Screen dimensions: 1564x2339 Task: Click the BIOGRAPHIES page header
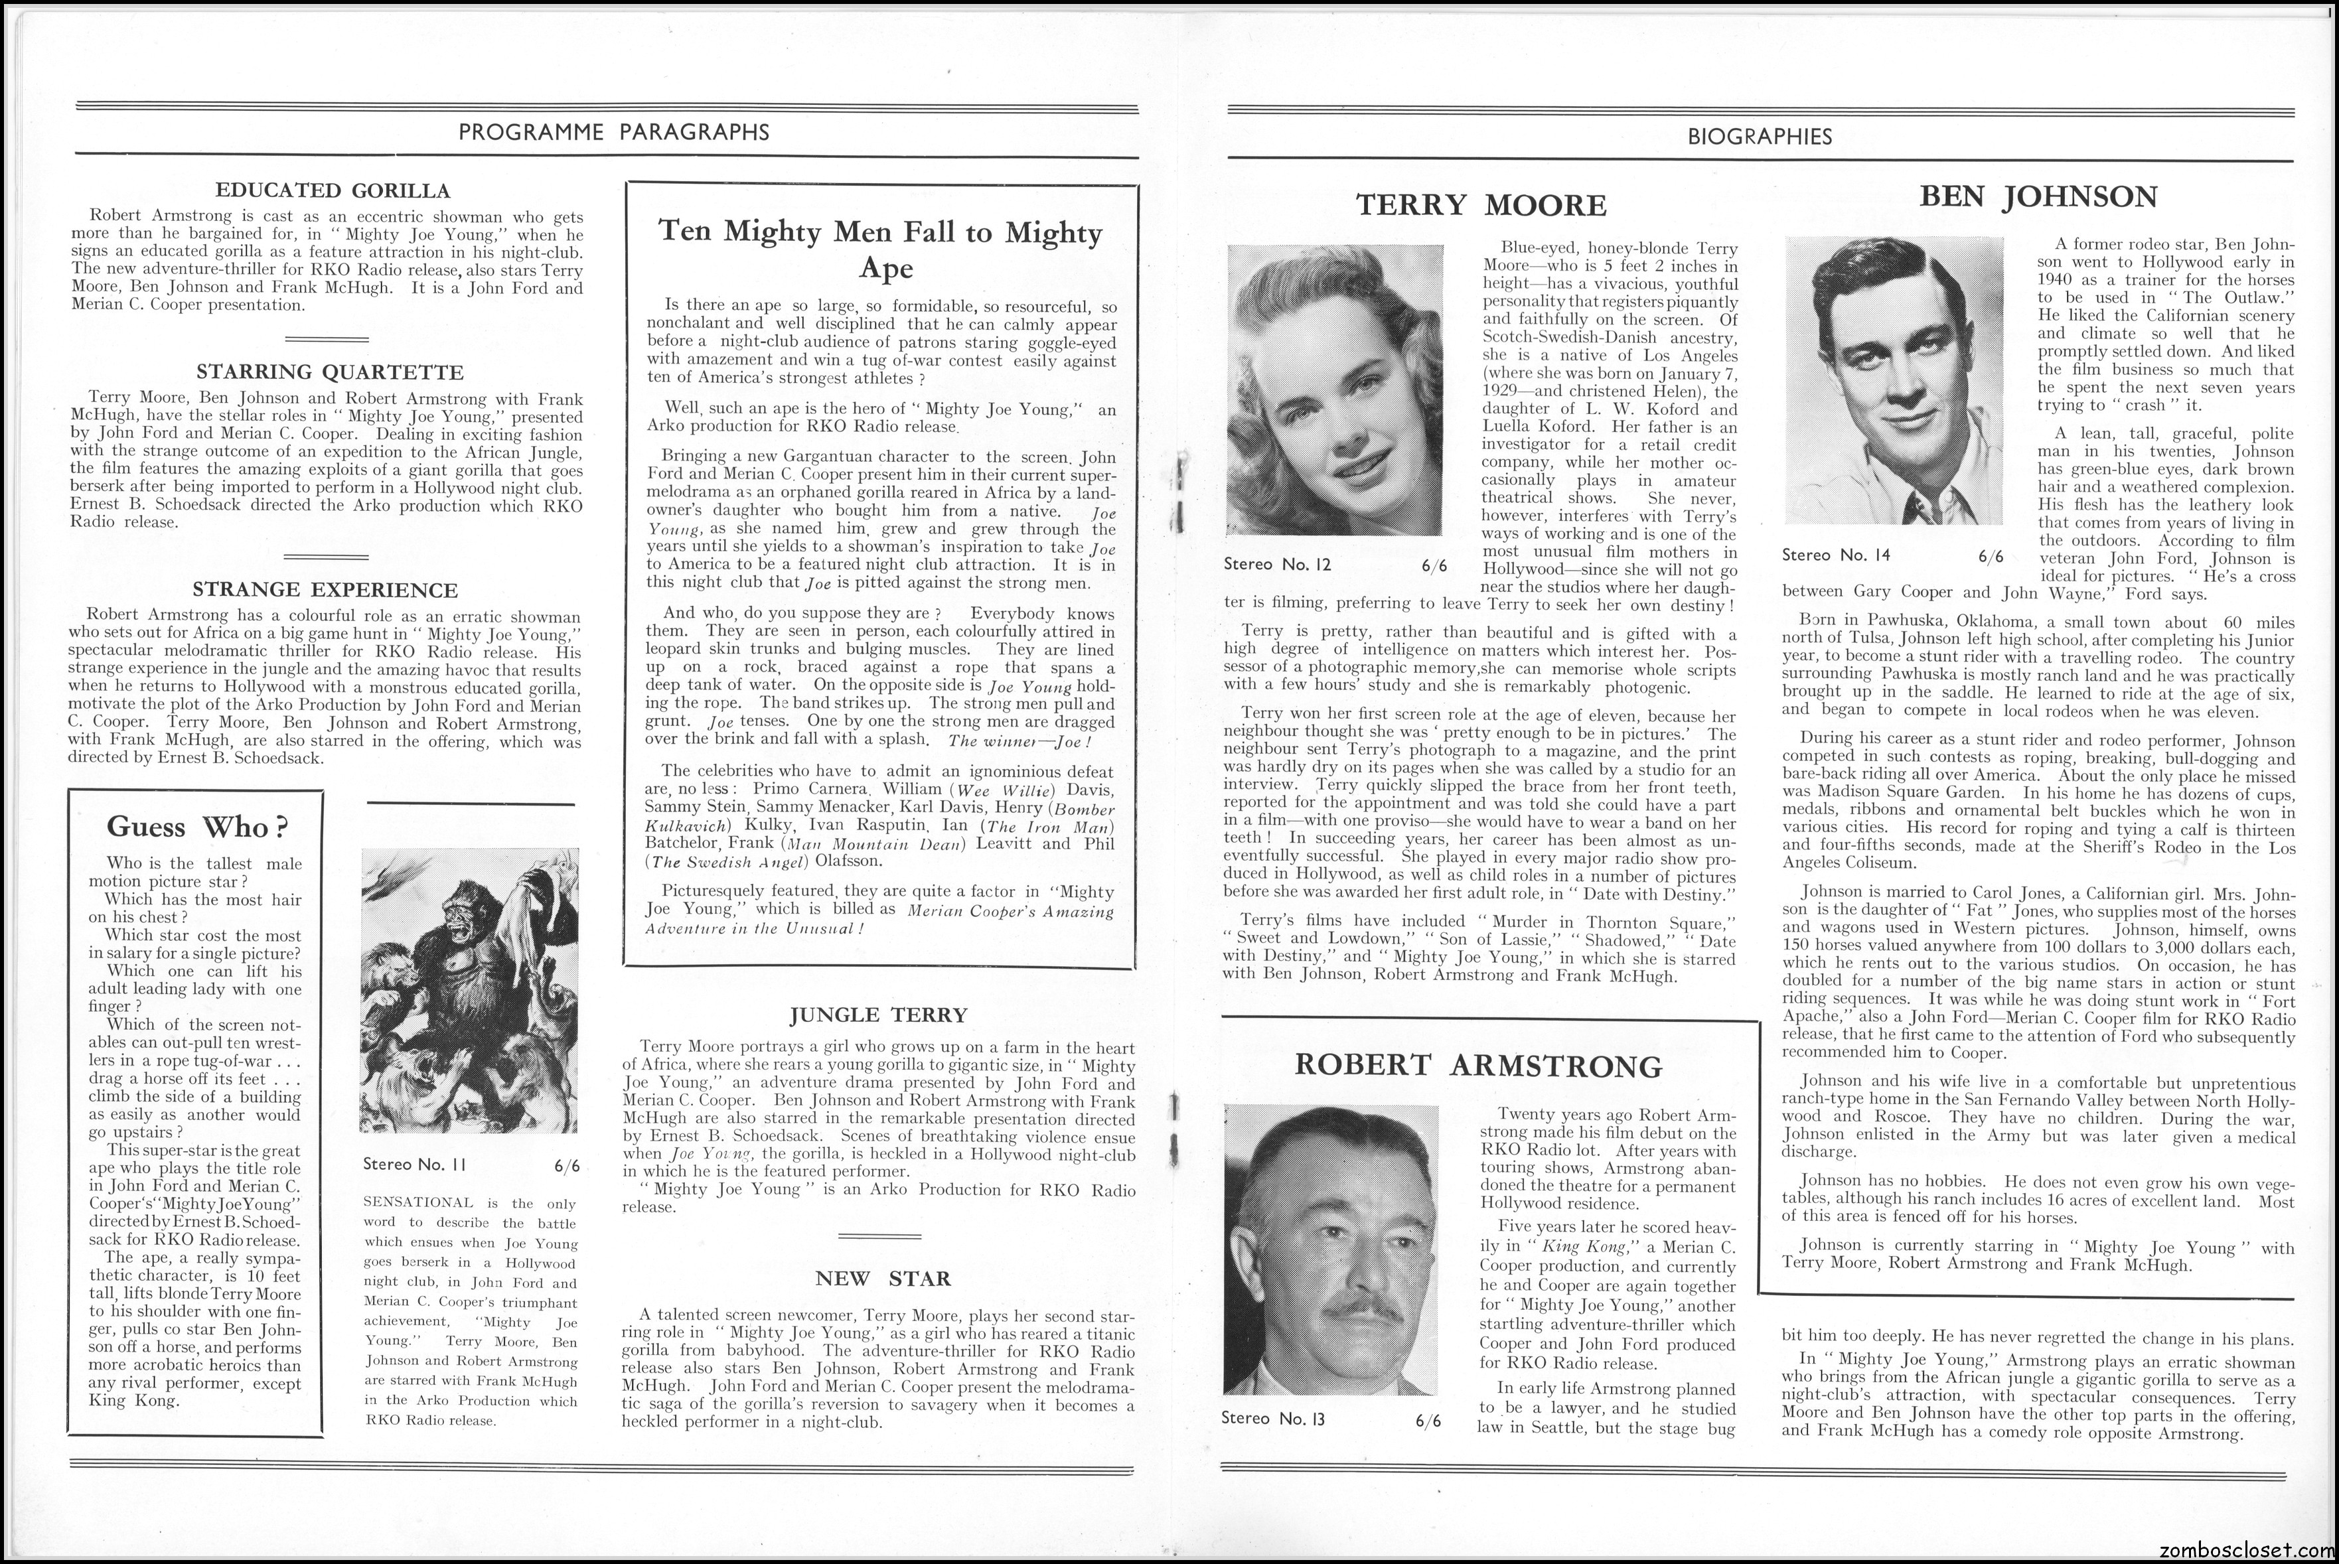coord(1760,137)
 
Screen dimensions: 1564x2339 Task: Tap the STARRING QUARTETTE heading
coord(330,372)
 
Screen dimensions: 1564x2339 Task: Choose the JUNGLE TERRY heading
coord(877,1015)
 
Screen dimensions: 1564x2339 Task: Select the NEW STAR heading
coord(883,1278)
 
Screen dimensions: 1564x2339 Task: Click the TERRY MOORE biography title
coord(1481,206)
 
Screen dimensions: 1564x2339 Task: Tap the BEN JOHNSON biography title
coord(2038,196)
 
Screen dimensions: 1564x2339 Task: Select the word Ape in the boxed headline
coord(885,269)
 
